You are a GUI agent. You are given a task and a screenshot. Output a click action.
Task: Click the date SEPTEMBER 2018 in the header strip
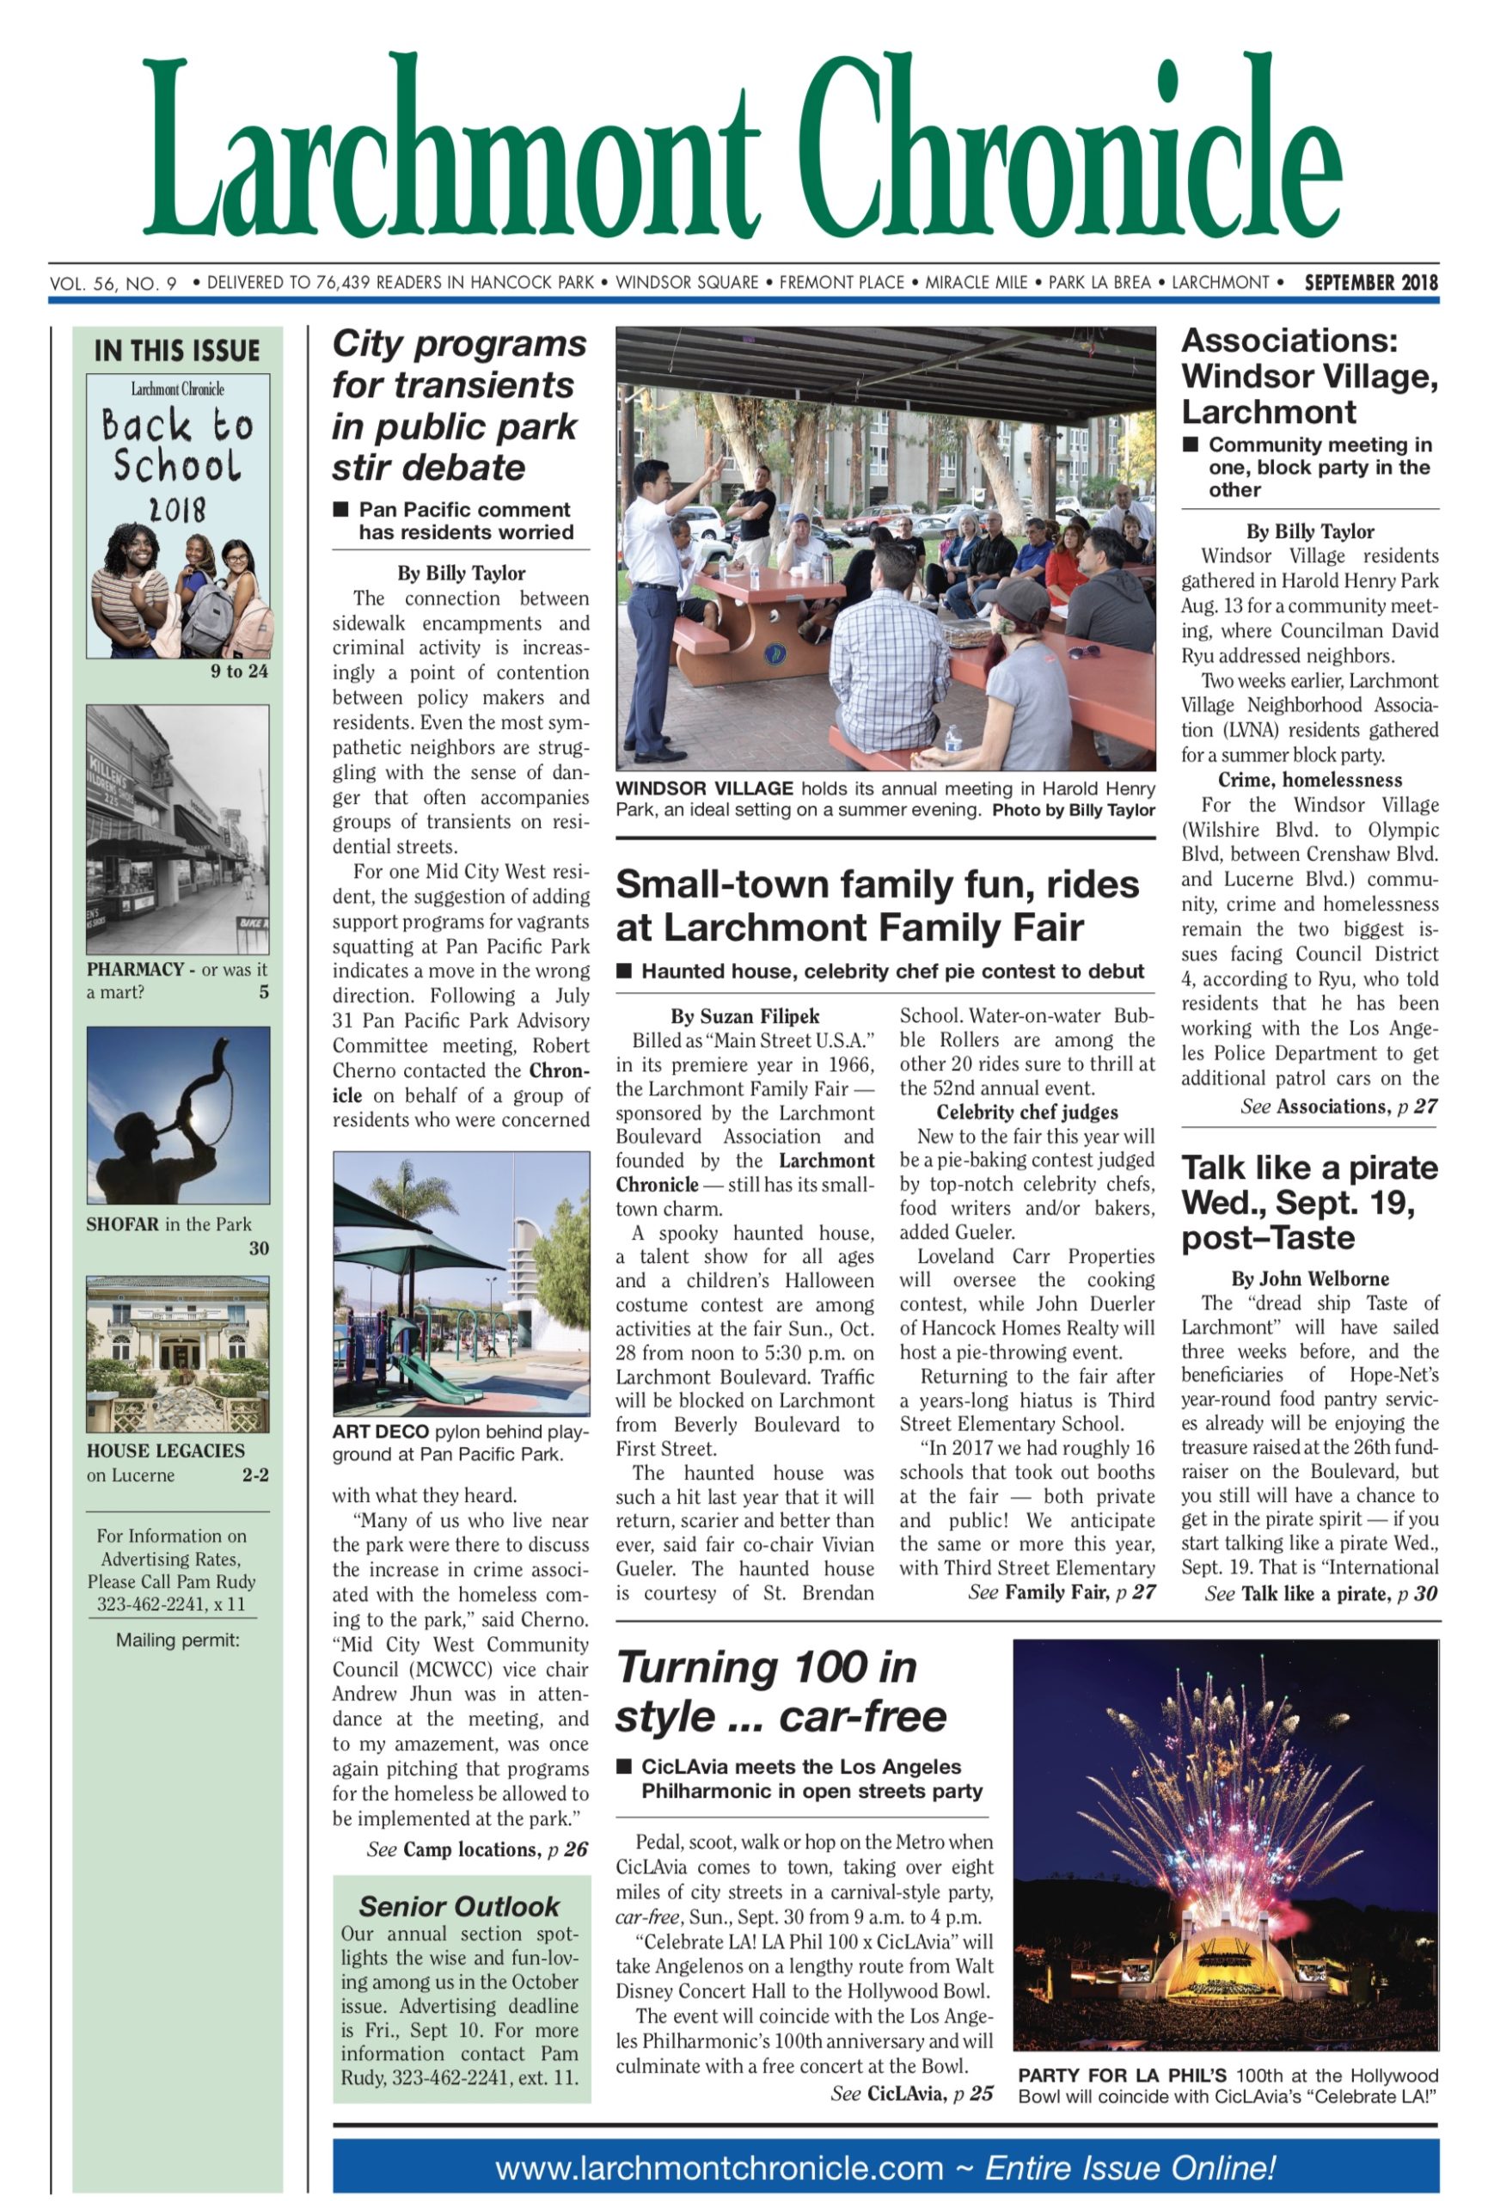click(1369, 282)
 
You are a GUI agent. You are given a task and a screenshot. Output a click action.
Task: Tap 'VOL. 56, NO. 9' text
click(113, 283)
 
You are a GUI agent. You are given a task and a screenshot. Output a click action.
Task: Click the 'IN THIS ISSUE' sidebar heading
click(176, 351)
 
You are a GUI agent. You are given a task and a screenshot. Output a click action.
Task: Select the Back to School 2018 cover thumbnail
click(178, 515)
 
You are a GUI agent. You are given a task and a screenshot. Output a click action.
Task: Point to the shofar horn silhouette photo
click(178, 1115)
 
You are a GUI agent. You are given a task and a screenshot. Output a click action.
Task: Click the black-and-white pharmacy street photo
click(178, 829)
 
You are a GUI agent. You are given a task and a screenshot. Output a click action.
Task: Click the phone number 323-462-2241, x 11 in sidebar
click(170, 1603)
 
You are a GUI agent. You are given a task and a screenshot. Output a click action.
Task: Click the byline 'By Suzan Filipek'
click(744, 1016)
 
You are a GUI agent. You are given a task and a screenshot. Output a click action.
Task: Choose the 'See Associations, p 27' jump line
click(1338, 1107)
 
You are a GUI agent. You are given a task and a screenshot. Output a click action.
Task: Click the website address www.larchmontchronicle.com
click(720, 2167)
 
